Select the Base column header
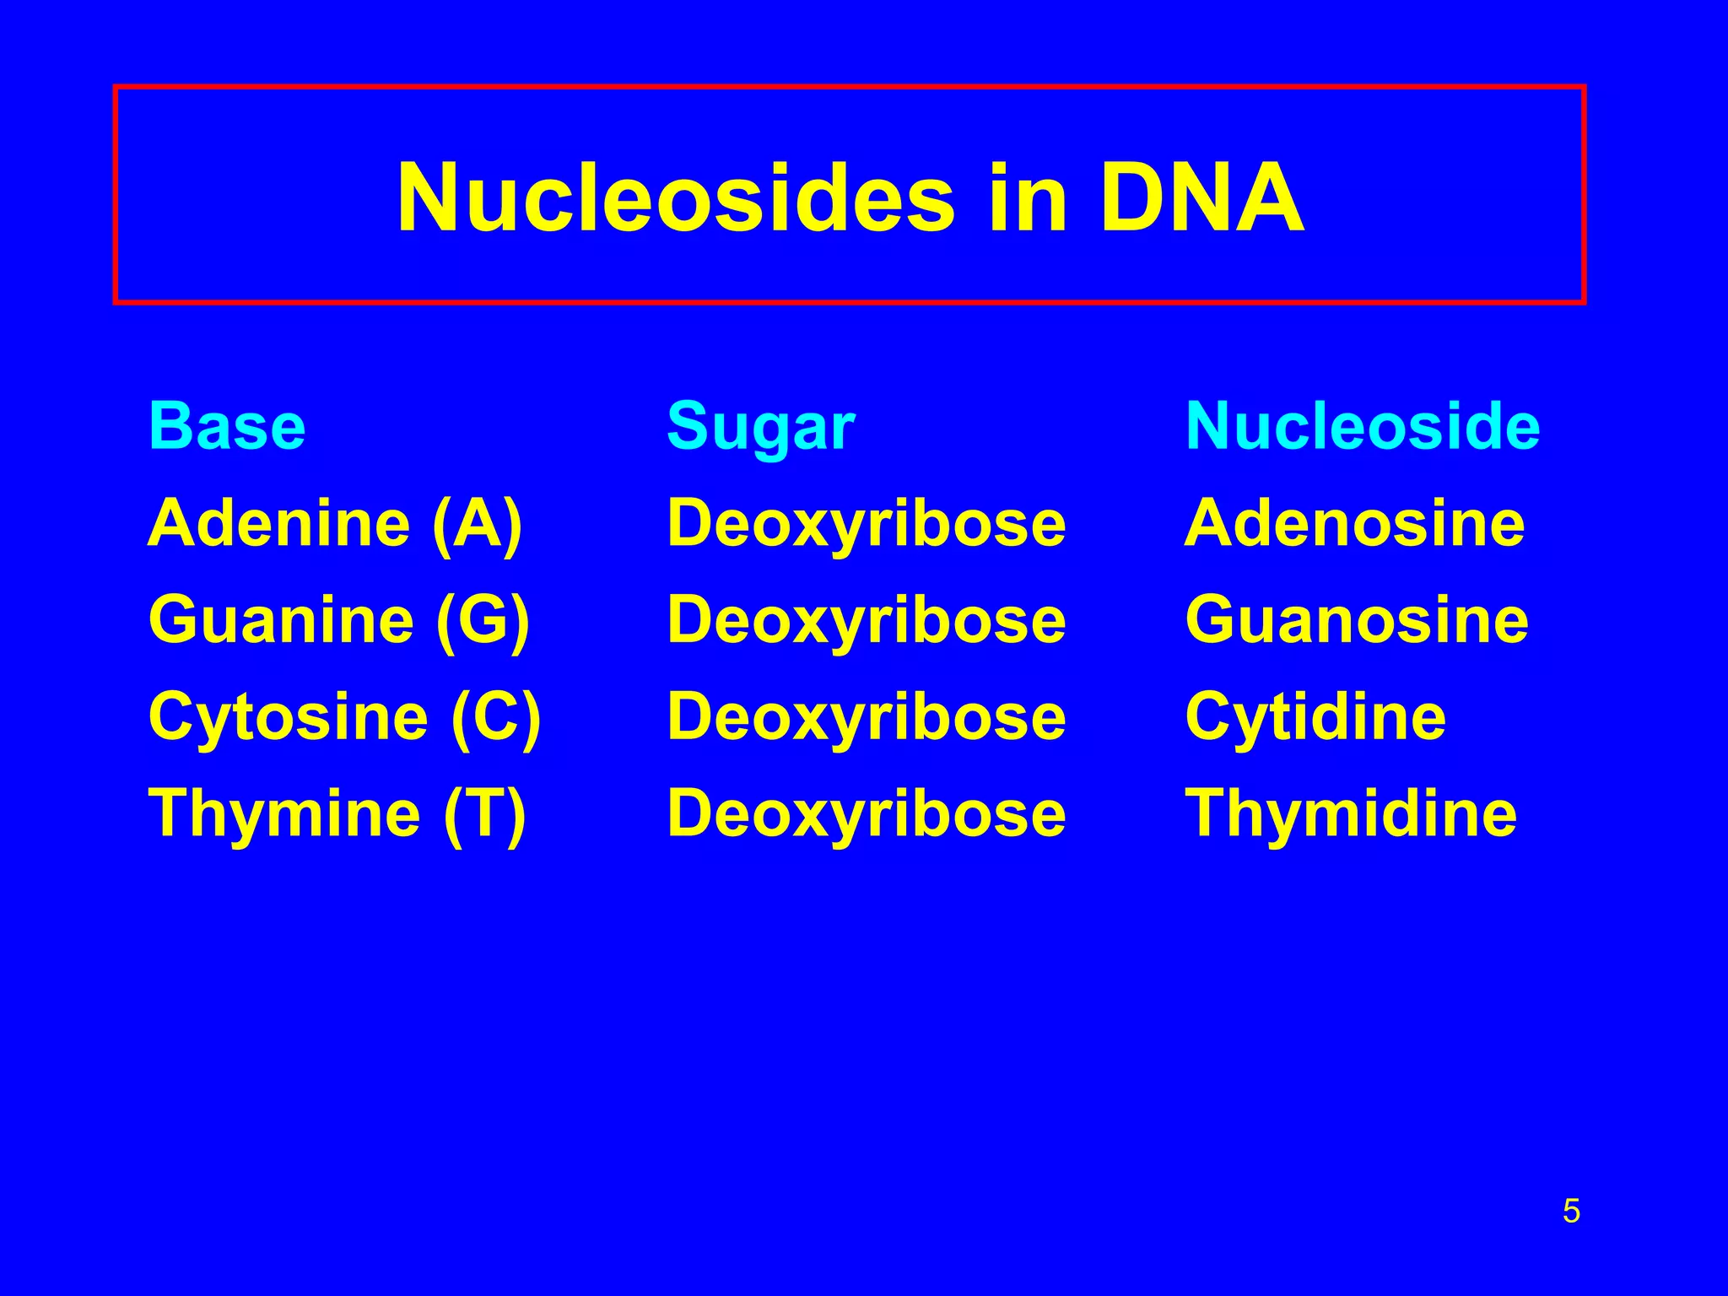(227, 427)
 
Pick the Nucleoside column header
(1363, 426)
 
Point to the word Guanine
(281, 620)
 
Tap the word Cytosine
(289, 716)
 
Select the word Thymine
(284, 813)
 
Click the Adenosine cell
(1355, 523)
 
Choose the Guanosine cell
(1357, 620)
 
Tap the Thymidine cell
(1351, 813)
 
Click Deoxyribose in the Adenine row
(867, 525)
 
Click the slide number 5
(1571, 1212)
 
